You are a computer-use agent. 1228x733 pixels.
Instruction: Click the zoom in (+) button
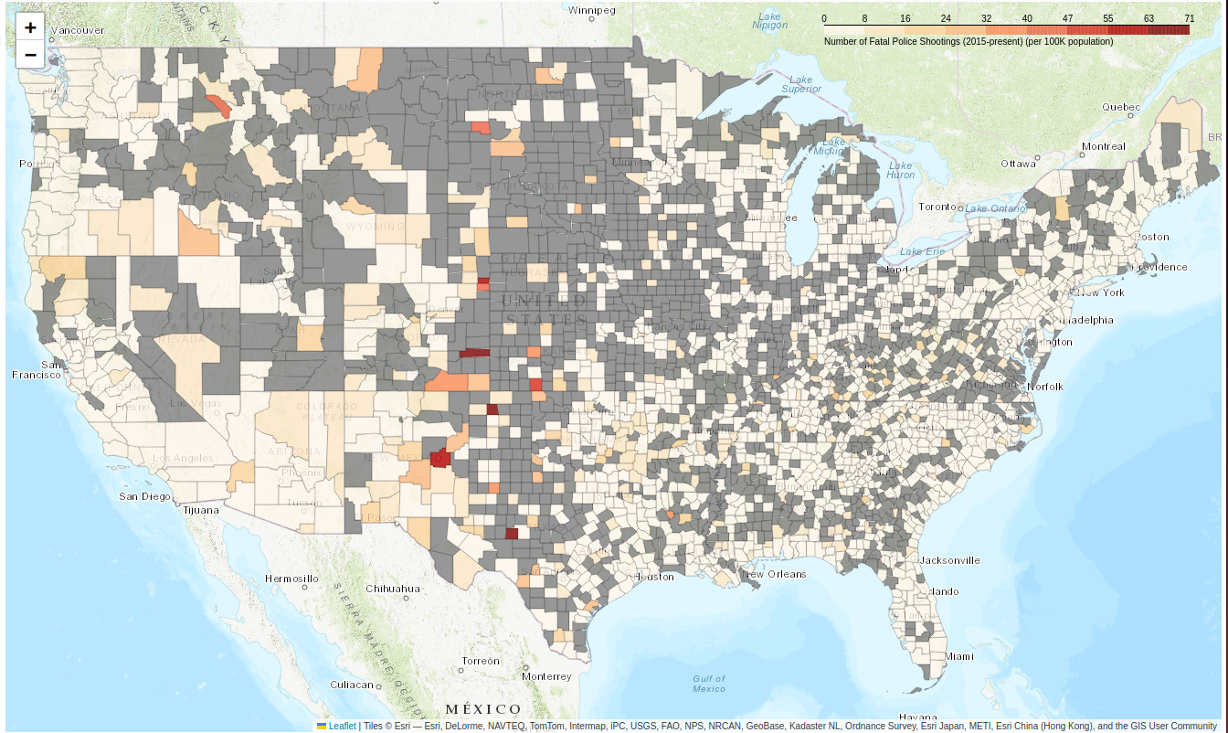[x=30, y=27]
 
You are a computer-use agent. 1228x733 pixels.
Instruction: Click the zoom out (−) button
[x=30, y=55]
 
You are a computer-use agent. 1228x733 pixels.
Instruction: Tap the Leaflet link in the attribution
[x=342, y=726]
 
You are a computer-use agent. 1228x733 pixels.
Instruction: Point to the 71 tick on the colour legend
[x=1189, y=18]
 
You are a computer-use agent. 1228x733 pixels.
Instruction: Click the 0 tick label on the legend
[x=824, y=18]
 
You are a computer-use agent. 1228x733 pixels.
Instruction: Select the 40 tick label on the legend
[x=1027, y=18]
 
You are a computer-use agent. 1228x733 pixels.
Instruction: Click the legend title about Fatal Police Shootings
[x=969, y=42]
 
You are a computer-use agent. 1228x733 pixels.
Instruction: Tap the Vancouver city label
[x=79, y=30]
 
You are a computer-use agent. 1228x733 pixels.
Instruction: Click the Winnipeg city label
[x=592, y=10]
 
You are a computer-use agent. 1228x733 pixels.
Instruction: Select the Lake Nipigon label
[x=770, y=20]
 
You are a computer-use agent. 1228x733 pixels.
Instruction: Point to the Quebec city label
[x=1121, y=107]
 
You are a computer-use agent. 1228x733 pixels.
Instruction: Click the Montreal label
[x=1103, y=146]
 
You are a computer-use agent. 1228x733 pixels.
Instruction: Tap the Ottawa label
[x=1018, y=164]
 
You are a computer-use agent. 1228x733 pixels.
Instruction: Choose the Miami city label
[x=960, y=656]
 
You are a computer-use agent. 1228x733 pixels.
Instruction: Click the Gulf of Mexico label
[x=709, y=683]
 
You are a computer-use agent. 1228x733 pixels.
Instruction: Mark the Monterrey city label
[x=546, y=676]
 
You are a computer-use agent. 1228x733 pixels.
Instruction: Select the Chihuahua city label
[x=393, y=589]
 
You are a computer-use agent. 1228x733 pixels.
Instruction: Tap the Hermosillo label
[x=292, y=579]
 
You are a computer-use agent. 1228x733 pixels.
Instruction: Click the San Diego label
[x=144, y=496]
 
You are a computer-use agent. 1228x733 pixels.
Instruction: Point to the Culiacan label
[x=352, y=685]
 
